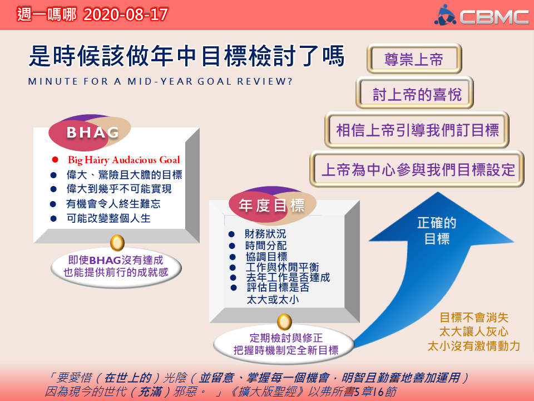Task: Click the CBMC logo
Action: coord(481,16)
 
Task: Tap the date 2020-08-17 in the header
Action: coord(126,14)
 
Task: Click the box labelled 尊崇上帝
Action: coord(414,58)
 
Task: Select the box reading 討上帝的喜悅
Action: coord(415,93)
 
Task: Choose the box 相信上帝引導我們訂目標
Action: coord(417,130)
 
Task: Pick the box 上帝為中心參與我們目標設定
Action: coord(417,169)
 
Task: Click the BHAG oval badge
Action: coord(90,133)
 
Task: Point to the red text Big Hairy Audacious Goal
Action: coord(124,160)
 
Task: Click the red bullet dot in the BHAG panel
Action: coord(55,160)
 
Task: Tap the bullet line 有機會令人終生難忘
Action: coord(113,204)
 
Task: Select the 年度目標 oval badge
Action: coord(272,205)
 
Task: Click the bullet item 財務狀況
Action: coord(265,234)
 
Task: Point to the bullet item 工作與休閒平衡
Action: coord(283,267)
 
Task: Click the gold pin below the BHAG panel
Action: coord(117,243)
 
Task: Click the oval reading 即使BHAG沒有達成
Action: coord(116,267)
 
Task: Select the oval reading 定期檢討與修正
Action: coord(284,344)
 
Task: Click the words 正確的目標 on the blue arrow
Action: coord(437,231)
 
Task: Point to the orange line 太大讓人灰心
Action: coord(474,331)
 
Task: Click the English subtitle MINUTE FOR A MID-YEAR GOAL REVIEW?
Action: coord(160,81)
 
